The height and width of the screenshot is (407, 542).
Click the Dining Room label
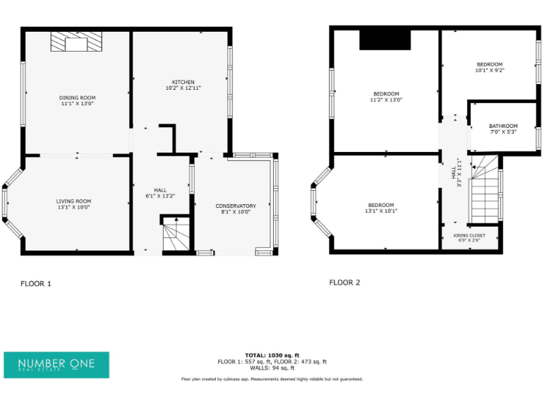(x=77, y=98)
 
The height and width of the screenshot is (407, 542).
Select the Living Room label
(x=74, y=201)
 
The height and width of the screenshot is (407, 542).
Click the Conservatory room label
(x=236, y=206)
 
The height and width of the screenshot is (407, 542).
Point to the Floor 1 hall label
(x=160, y=191)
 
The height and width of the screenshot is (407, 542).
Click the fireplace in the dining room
(x=76, y=42)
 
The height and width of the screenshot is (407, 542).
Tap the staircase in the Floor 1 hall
(x=176, y=235)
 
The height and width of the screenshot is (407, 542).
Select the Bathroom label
(x=503, y=126)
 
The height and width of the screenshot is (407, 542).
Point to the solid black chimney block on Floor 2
(x=385, y=40)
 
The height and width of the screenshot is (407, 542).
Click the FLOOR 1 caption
(x=35, y=284)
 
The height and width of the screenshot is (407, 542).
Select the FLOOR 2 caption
(x=344, y=283)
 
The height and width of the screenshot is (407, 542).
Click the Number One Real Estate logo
(x=56, y=364)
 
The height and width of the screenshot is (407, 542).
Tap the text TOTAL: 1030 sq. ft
(x=272, y=355)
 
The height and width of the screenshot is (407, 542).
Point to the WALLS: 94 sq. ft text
(x=272, y=368)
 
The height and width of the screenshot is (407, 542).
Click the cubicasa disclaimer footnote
(x=272, y=379)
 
